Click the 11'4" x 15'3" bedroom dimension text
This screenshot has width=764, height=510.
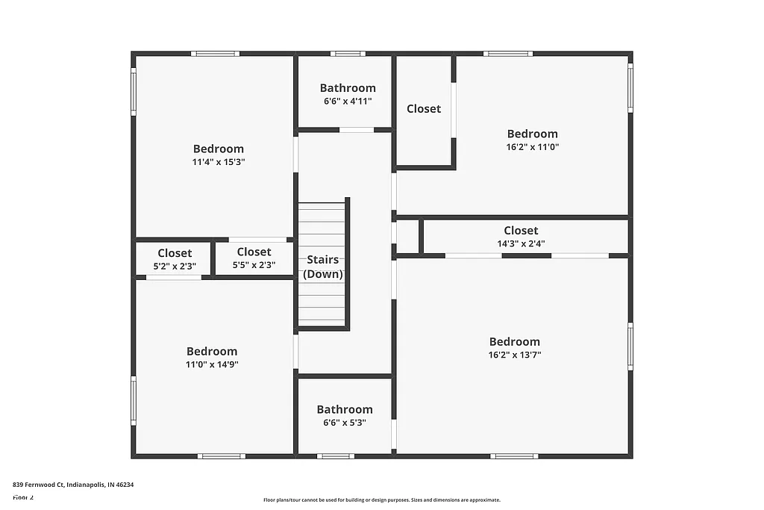pos(219,161)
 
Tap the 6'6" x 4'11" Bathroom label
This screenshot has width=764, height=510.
pos(348,88)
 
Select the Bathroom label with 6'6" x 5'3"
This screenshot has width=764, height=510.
pos(345,409)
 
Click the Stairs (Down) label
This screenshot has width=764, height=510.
pos(323,267)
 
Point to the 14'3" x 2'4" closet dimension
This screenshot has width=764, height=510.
pos(521,243)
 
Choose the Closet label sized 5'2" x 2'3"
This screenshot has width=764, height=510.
pos(175,253)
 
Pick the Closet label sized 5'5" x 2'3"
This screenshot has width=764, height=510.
pos(254,252)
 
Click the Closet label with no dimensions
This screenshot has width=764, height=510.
pos(424,108)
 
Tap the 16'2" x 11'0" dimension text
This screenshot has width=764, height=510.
pos(533,147)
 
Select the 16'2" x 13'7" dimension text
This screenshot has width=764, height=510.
pos(515,355)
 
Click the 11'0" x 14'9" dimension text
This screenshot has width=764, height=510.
pos(212,364)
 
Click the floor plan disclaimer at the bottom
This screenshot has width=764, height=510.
pos(381,500)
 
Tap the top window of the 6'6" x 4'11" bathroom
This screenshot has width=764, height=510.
pos(348,54)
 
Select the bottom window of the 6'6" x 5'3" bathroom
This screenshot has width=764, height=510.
pos(335,455)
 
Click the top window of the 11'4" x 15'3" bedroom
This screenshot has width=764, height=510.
pos(215,54)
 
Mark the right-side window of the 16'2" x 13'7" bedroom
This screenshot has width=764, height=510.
pos(630,346)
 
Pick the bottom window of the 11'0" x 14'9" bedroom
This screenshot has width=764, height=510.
pos(222,455)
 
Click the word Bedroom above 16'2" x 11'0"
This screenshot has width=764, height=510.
pos(533,134)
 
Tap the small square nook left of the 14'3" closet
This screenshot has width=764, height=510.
pos(407,237)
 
